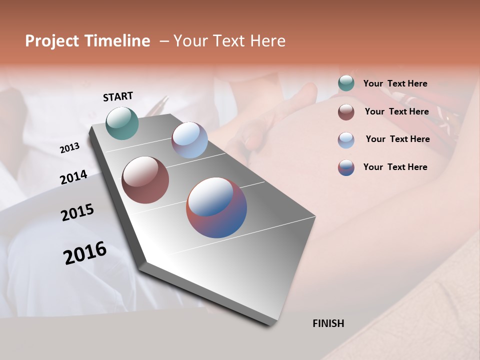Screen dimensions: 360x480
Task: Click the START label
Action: point(118,96)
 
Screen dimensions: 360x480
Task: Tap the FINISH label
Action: point(328,323)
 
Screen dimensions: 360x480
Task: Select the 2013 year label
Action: point(70,148)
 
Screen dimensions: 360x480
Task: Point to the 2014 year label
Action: point(73,177)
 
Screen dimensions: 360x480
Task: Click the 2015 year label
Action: point(77,212)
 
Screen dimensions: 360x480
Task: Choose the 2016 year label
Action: point(85,252)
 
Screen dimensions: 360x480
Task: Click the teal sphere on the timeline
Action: point(122,123)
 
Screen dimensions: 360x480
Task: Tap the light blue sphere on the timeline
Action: point(189,140)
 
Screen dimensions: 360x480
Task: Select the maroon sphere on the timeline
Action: point(145,180)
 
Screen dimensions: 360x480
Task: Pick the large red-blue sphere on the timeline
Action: point(216,207)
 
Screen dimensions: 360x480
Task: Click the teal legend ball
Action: point(346,83)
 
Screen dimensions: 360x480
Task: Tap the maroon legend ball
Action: point(346,112)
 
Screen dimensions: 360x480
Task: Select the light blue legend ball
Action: point(346,139)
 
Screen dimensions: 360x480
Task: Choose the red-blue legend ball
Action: point(346,167)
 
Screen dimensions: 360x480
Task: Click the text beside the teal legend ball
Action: point(395,83)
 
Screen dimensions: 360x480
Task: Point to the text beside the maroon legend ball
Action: point(396,111)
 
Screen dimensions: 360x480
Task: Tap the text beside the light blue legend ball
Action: point(397,139)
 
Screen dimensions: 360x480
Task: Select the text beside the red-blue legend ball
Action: point(395,167)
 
